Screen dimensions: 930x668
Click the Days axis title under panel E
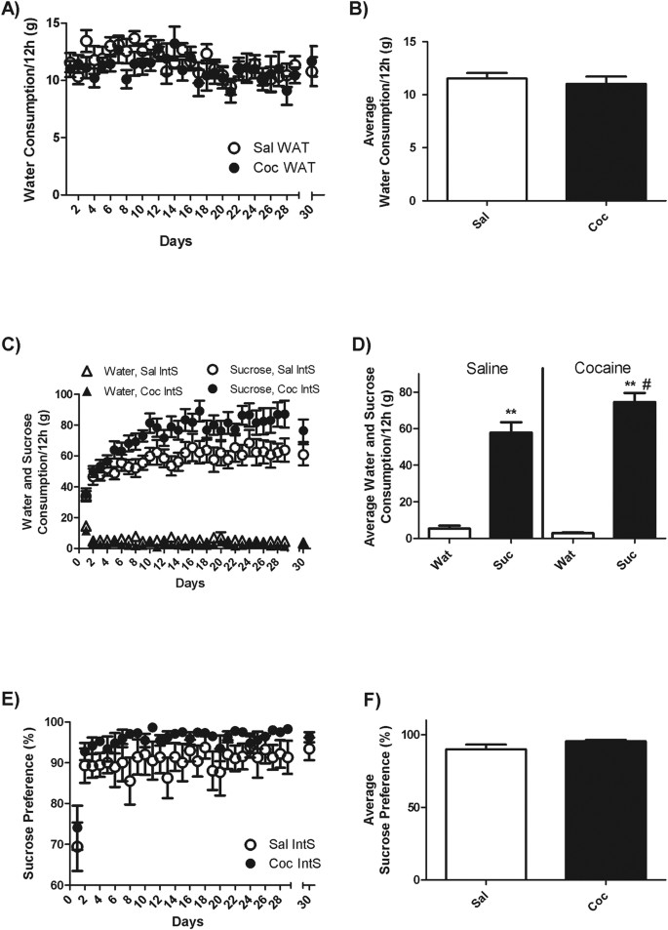[x=177, y=921]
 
